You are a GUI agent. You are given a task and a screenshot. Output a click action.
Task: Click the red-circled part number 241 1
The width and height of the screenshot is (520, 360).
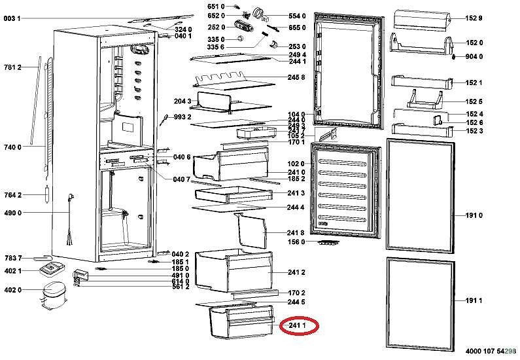tap(297, 326)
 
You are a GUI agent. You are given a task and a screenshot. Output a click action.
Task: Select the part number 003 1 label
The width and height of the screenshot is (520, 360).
tap(12, 18)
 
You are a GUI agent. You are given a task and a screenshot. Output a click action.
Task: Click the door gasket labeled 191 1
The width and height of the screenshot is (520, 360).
tap(420, 304)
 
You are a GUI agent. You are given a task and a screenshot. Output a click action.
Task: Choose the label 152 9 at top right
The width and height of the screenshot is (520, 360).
tap(474, 18)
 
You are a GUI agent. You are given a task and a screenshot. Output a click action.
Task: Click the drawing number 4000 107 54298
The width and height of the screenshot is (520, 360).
tap(491, 351)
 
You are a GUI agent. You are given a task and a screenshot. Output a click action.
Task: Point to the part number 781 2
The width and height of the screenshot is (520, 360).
tap(12, 67)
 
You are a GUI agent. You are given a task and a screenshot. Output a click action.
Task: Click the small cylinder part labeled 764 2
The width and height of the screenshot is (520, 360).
tap(47, 194)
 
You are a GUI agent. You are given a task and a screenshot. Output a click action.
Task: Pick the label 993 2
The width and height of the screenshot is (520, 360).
tap(182, 117)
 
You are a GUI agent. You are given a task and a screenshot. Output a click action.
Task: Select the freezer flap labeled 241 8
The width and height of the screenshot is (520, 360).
tap(251, 231)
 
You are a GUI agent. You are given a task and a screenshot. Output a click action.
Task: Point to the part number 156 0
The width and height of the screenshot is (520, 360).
tap(296, 242)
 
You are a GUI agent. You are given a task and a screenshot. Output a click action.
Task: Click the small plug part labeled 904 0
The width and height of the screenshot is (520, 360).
tap(454, 57)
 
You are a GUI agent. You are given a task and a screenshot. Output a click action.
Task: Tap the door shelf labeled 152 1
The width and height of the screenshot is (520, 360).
tap(422, 82)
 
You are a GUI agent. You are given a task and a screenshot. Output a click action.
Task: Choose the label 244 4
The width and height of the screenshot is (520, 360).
tap(296, 207)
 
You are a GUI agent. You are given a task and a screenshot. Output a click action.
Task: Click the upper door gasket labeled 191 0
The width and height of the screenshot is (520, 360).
tap(420, 196)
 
